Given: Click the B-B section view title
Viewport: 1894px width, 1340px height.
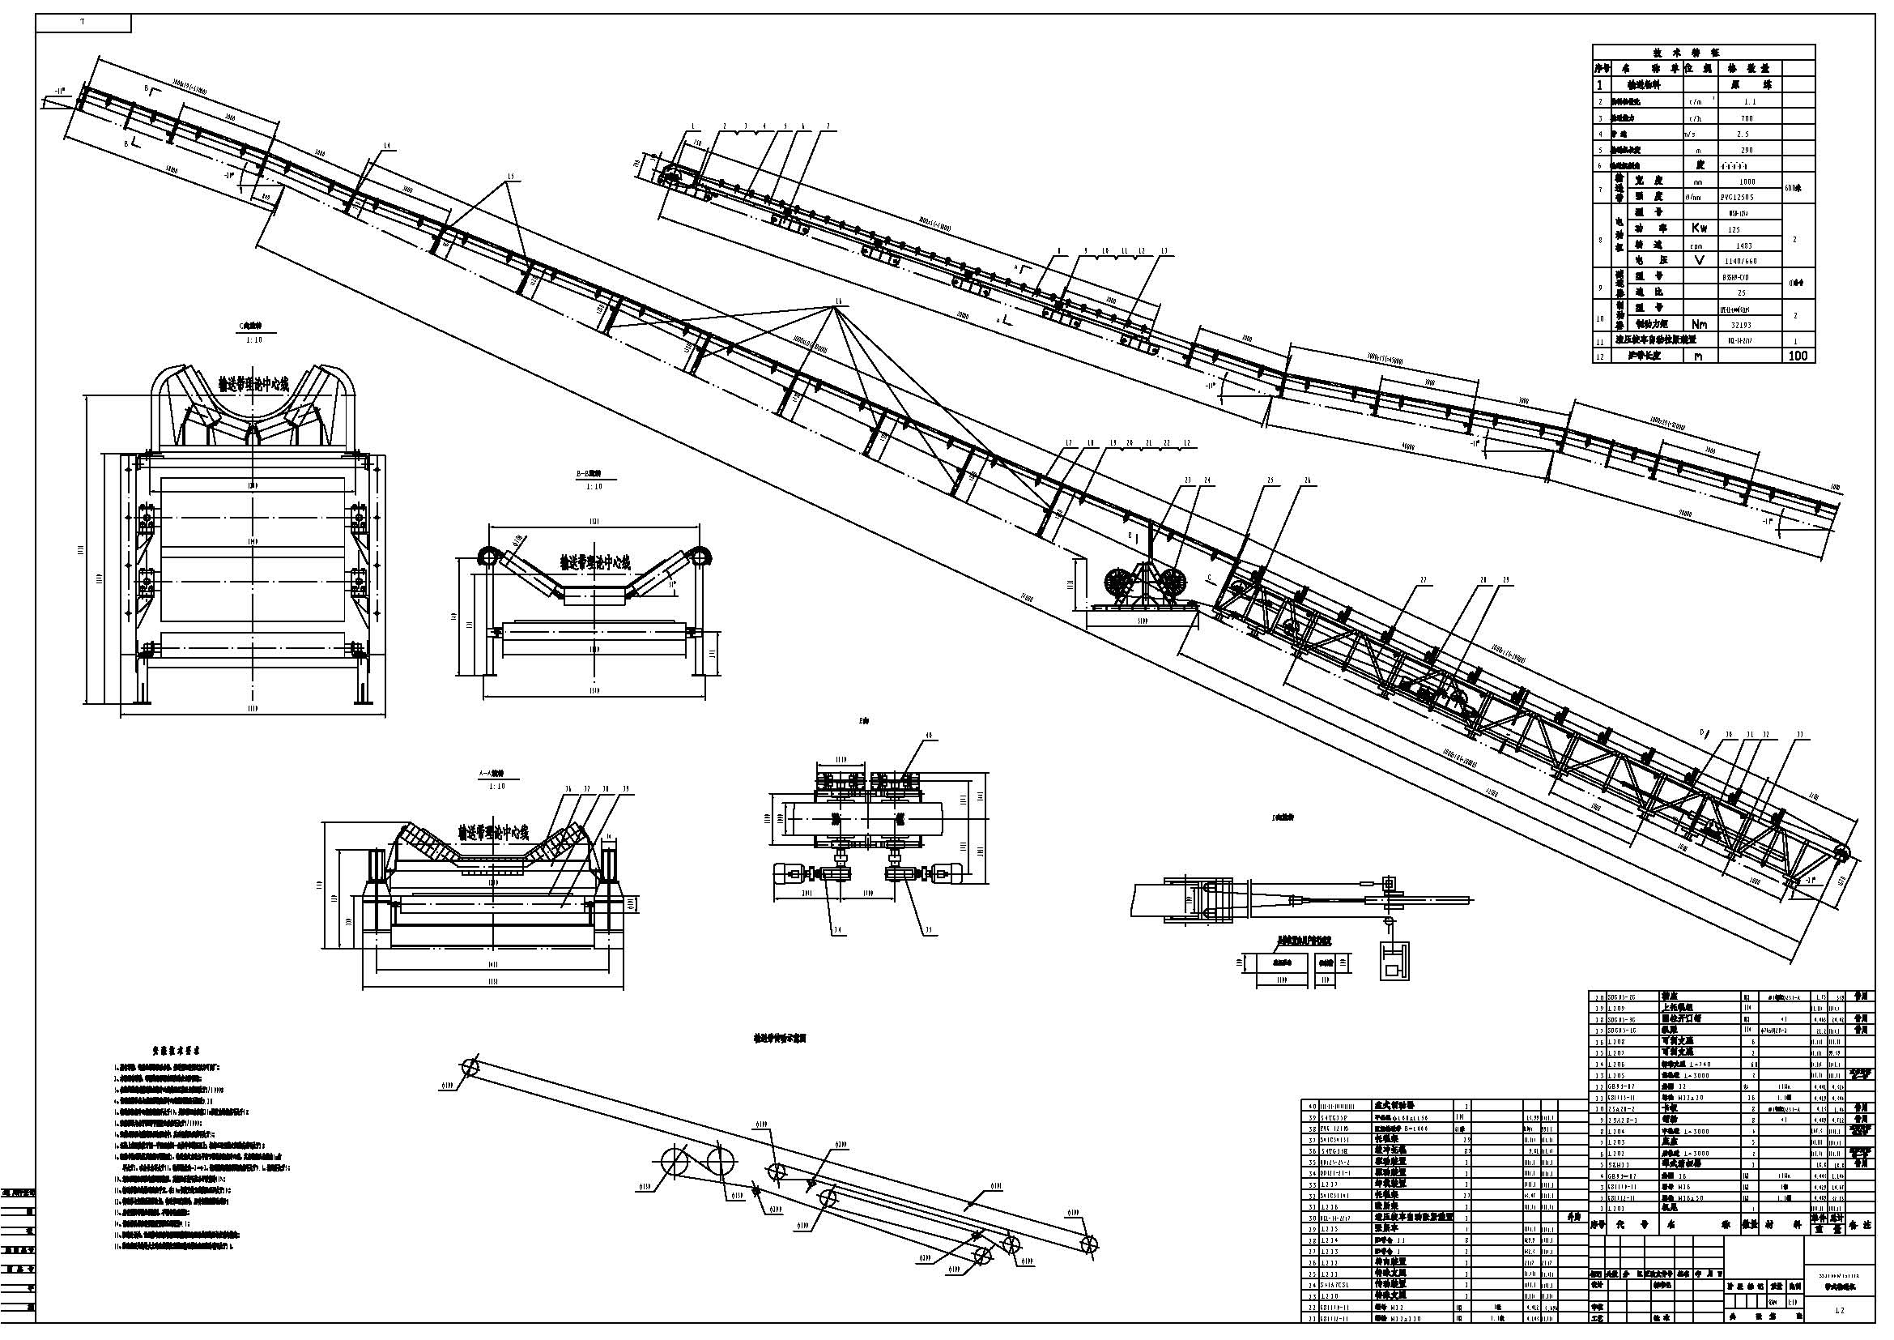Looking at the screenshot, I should (589, 476).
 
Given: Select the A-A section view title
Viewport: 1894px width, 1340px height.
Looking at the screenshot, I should (492, 775).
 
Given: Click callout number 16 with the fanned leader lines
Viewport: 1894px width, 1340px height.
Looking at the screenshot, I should (840, 302).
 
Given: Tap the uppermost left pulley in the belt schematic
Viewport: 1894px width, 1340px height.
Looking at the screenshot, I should (470, 1067).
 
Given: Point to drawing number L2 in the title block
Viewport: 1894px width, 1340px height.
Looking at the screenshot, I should (1838, 1310).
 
